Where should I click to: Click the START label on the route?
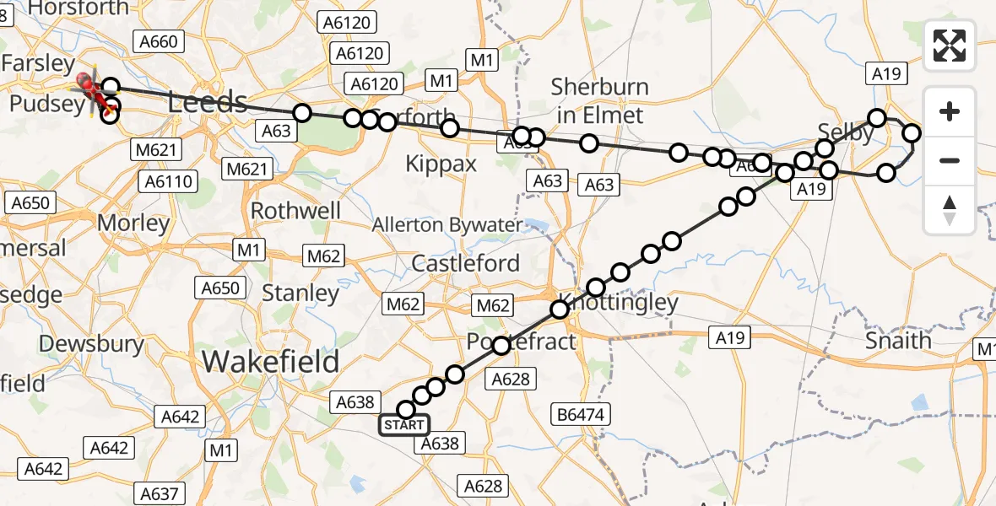403,425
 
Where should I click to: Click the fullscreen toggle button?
950,46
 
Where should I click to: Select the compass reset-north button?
950,210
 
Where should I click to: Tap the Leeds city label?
208,103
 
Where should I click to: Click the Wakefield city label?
270,362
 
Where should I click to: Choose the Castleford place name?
465,263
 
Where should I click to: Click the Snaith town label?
899,341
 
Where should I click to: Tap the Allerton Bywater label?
447,225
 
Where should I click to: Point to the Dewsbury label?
91,344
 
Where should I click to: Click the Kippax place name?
441,164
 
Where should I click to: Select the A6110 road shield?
170,181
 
